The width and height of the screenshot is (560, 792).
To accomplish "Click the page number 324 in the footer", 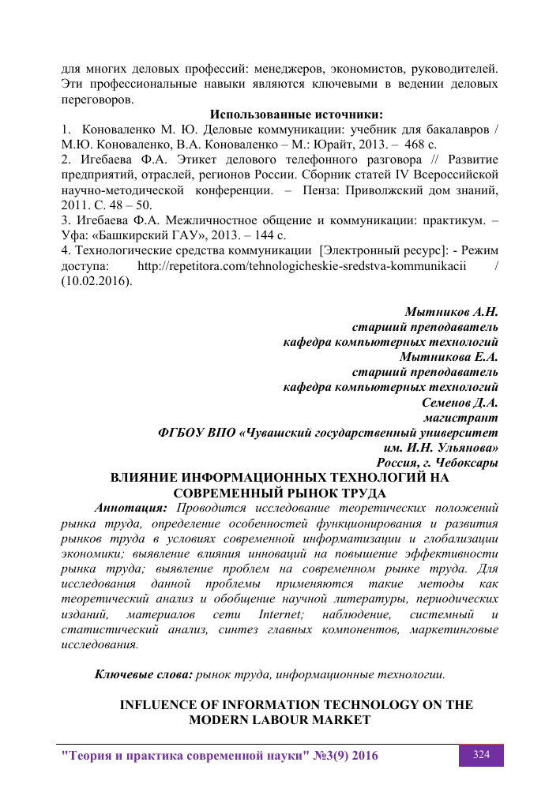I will pos(482,755).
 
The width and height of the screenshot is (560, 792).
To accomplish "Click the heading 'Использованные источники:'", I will pos(296,114).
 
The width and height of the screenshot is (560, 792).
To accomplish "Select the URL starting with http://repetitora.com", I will pos(303,265).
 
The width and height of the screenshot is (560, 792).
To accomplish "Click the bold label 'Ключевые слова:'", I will pos(144,674).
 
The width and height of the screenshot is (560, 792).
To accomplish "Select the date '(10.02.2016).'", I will pos(97,280).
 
